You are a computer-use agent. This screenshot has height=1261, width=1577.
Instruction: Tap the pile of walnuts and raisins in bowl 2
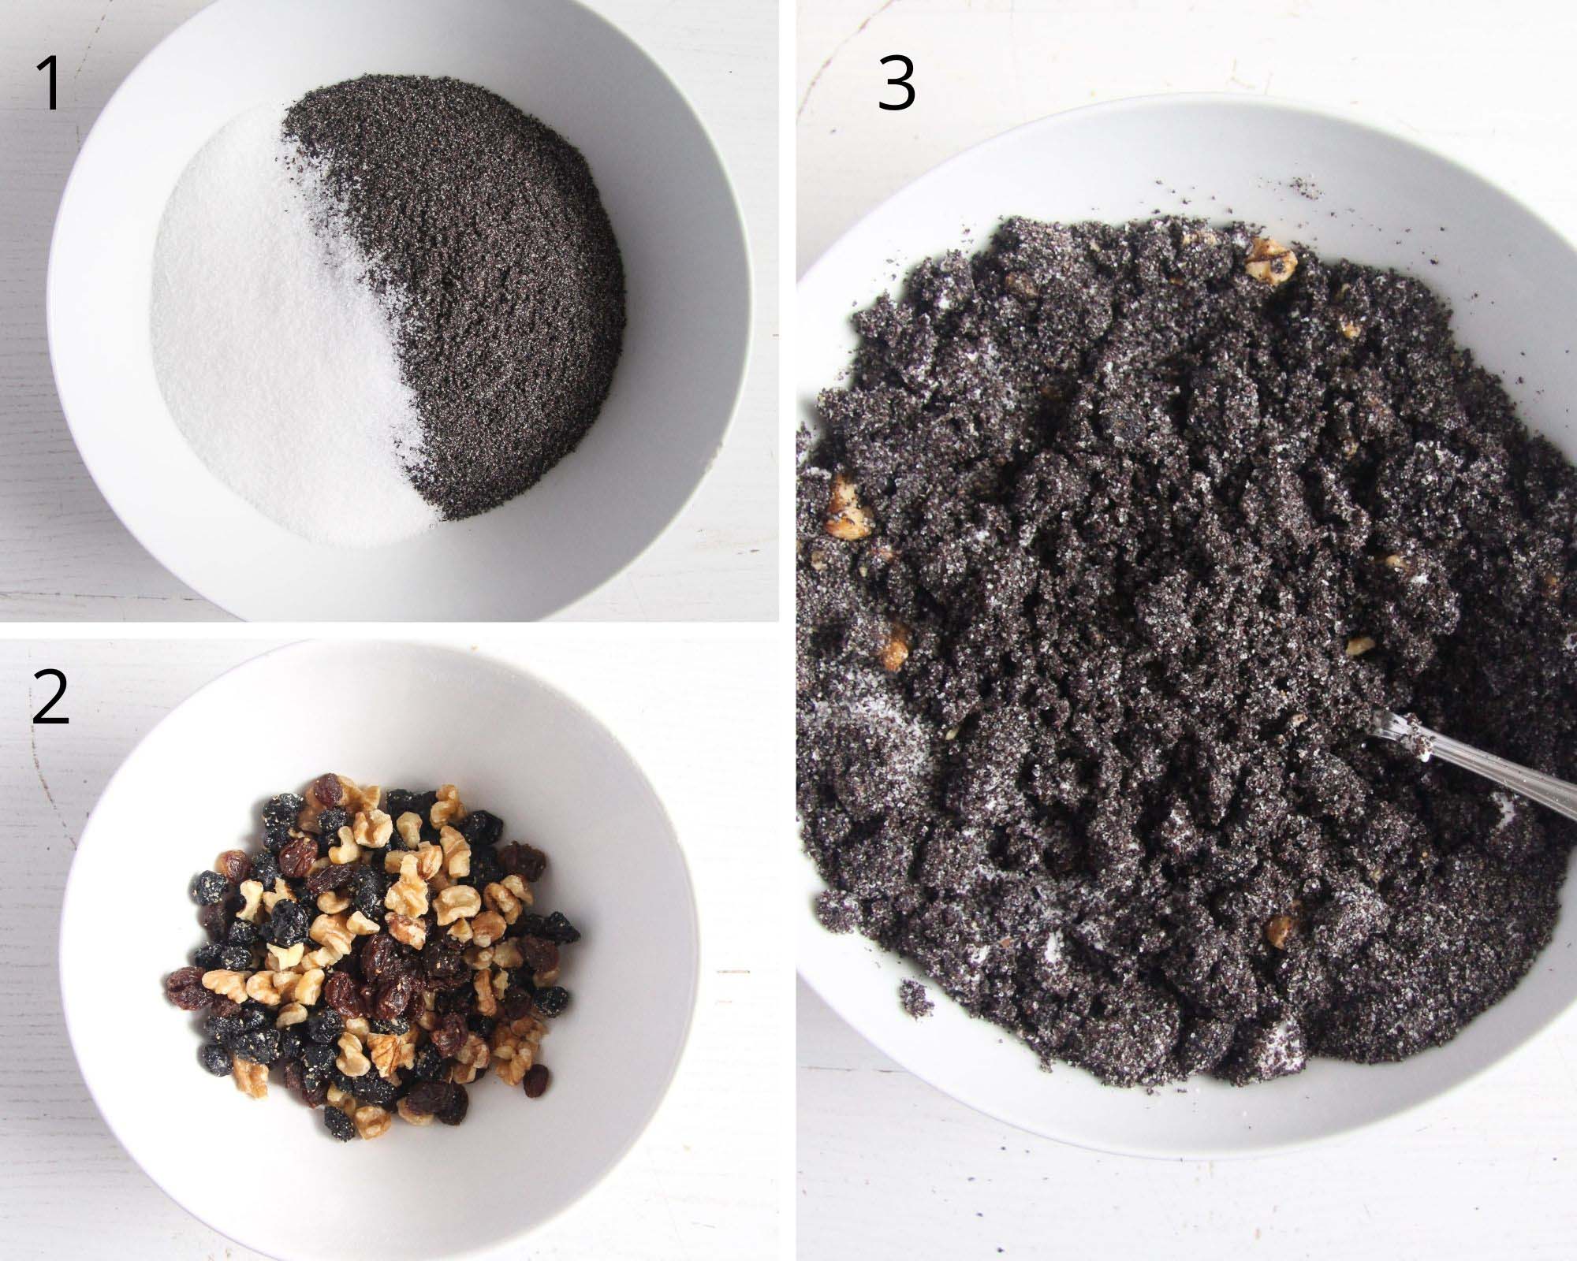[x=378, y=946]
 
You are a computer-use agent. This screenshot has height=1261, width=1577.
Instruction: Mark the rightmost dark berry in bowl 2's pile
[x=566, y=932]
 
